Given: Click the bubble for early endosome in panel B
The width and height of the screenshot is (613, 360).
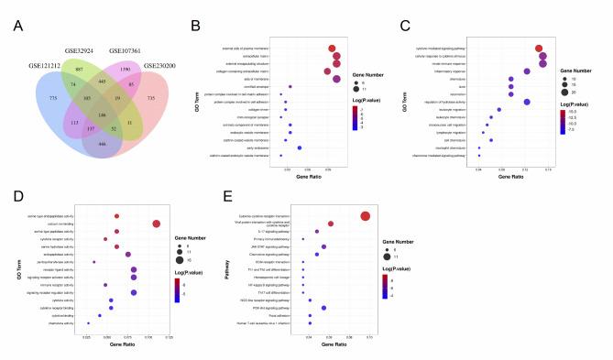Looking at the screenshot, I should click(300, 147).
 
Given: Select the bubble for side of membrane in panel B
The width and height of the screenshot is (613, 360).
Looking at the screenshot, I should click(336, 79).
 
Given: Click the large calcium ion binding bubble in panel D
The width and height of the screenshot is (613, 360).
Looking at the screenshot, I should click(157, 224).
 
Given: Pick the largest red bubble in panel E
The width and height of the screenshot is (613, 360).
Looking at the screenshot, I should click(366, 216).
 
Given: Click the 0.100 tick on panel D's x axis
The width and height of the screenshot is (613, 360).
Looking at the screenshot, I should click(133, 337).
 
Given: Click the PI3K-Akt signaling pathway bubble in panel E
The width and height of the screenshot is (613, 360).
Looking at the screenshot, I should click(323, 307).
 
